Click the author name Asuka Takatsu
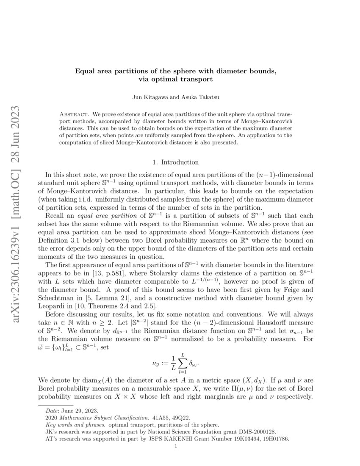click(202, 98)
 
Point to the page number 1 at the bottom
click(180, 446)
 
